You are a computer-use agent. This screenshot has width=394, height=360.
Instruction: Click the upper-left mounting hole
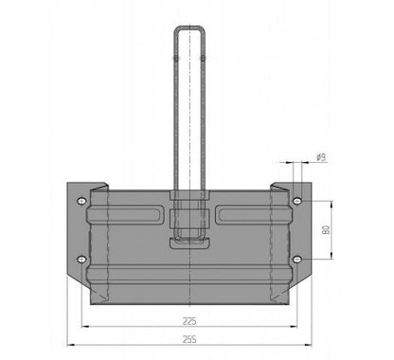[x=81, y=201]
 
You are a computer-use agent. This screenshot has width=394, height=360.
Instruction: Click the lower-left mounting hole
[x=81, y=260]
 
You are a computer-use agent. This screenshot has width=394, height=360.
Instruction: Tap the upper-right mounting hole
[x=297, y=201]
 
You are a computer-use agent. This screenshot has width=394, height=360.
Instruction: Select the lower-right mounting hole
[x=297, y=260]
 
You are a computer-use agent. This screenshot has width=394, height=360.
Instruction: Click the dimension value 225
[x=189, y=321]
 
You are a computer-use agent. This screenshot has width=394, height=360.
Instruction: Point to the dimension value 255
[x=189, y=339]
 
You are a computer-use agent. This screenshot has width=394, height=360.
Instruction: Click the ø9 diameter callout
[x=321, y=157]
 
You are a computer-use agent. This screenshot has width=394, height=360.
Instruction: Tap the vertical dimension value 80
[x=326, y=229]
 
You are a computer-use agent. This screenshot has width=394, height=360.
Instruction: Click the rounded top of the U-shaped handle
[x=189, y=27]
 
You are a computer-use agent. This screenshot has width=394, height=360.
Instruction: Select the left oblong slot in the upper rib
[x=125, y=215]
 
